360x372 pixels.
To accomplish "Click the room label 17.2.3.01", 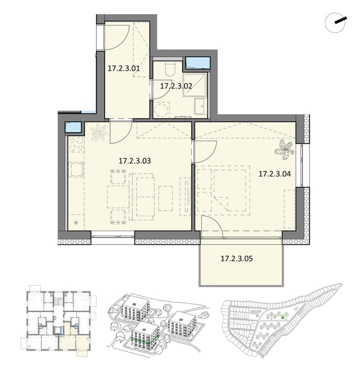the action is [x=123, y=69].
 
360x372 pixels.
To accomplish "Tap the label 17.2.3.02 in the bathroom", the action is [x=176, y=86].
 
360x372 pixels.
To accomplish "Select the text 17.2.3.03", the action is [x=134, y=161].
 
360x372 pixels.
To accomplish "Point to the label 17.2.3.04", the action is [x=274, y=174].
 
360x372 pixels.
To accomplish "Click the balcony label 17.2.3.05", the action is [x=236, y=259].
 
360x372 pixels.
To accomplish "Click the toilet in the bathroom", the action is [x=169, y=69].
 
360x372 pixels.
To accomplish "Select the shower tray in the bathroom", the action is [x=195, y=84].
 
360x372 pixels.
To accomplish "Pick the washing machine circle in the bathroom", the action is [x=161, y=110].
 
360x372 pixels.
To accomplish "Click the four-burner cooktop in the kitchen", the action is [x=76, y=144].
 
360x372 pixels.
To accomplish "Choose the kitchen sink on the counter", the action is [x=76, y=169].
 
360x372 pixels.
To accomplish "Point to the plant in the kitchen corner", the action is [x=98, y=133].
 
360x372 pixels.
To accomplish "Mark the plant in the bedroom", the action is [x=284, y=150].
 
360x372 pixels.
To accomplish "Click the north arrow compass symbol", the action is [x=335, y=22].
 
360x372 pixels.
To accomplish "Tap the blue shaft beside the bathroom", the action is [x=197, y=62].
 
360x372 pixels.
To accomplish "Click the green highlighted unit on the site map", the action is [x=282, y=317].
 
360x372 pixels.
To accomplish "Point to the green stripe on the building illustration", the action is [x=145, y=341].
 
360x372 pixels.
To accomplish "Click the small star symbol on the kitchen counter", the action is [x=76, y=223].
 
